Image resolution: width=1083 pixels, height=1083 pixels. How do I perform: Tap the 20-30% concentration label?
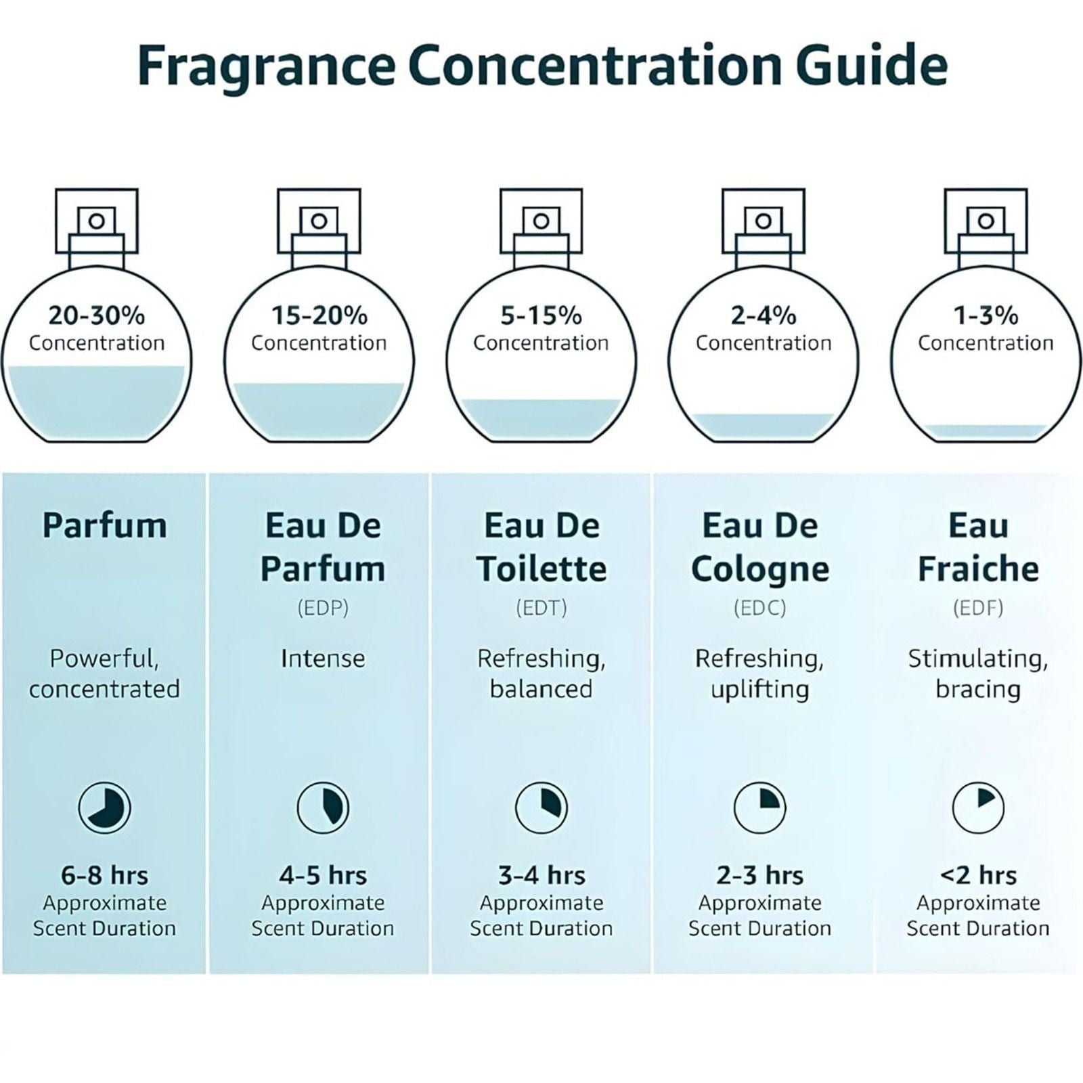[97, 315]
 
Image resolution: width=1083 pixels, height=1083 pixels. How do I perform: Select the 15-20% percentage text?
[319, 315]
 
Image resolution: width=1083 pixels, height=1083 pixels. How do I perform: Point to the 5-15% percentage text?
[541, 315]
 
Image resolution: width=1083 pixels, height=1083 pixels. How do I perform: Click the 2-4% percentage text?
[763, 315]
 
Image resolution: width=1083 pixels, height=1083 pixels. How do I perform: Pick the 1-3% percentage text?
[986, 315]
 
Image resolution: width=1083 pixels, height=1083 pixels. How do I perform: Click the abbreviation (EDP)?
[323, 608]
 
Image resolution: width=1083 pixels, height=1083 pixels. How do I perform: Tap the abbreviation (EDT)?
[541, 608]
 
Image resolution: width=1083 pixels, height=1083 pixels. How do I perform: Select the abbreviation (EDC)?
[759, 608]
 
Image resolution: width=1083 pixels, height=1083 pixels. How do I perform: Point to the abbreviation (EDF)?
[978, 608]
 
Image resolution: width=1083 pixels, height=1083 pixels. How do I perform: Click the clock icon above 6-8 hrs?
[104, 808]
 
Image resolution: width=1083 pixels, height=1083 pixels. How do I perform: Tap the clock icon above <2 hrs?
[978, 808]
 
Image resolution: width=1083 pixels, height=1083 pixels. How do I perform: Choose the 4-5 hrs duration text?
[323, 875]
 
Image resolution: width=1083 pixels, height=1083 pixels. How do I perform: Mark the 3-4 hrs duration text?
[541, 875]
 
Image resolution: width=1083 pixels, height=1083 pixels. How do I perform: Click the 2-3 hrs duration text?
[759, 875]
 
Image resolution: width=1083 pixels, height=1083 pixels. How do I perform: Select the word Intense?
[323, 658]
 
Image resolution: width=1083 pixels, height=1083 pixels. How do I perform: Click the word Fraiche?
[978, 569]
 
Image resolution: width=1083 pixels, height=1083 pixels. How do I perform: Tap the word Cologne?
[759, 569]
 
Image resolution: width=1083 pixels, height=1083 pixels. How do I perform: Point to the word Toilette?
[541, 569]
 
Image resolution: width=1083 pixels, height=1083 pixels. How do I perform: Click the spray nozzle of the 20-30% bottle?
[97, 221]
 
